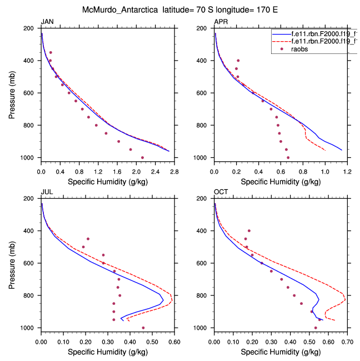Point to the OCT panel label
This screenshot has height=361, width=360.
point(221,192)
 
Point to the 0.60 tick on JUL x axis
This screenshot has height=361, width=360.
point(173,336)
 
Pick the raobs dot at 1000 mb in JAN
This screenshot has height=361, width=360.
point(142,157)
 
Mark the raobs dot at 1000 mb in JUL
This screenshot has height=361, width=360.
point(143,328)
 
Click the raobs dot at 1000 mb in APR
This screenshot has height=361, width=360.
point(288,157)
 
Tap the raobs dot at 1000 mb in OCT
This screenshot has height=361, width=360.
point(316,328)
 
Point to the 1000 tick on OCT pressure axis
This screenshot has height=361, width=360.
point(203,328)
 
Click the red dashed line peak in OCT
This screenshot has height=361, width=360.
point(346,300)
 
